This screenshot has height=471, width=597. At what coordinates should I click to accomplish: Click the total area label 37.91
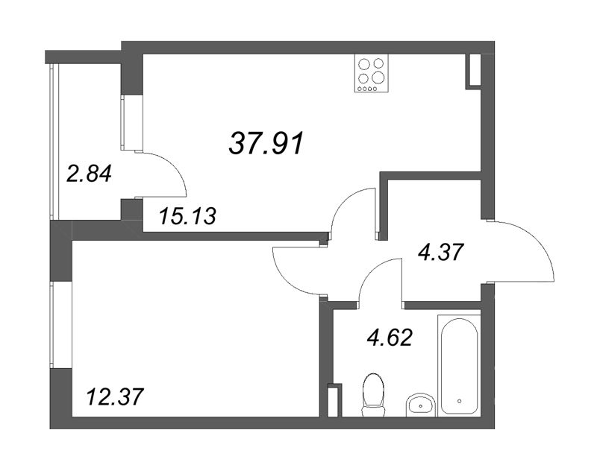(266, 143)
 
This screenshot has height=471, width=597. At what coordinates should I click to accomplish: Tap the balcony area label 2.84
(89, 175)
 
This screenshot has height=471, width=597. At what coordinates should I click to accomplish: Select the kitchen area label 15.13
(187, 216)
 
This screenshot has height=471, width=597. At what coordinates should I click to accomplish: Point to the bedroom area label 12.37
(116, 397)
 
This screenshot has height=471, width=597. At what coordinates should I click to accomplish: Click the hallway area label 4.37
(440, 252)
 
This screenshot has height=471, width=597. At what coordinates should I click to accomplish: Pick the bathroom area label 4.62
(390, 337)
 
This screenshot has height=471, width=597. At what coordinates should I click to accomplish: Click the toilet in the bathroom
(372, 395)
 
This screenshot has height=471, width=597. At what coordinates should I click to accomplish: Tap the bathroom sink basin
(420, 405)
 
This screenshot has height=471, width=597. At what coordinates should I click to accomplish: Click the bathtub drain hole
(459, 401)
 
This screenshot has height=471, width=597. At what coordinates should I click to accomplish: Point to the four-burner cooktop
(372, 73)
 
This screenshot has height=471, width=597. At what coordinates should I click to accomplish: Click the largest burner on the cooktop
(379, 78)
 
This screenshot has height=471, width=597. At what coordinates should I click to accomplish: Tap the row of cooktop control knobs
(366, 89)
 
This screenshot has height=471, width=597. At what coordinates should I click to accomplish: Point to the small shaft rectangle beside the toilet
(334, 400)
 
